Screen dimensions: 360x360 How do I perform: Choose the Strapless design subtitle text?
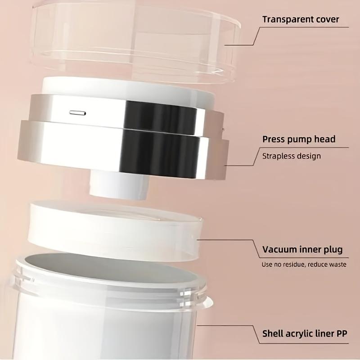pyautogui.click(x=292, y=156)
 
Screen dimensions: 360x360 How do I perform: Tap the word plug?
pyautogui.click(x=333, y=250)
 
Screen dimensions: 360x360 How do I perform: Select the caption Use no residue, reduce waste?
pyautogui.click(x=304, y=264)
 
